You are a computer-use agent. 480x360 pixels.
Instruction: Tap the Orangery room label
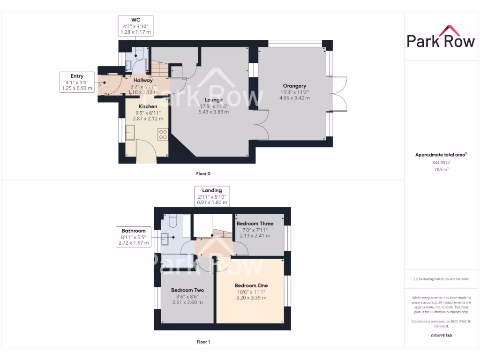point(294,86)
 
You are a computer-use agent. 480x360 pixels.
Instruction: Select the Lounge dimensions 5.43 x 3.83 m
point(213,112)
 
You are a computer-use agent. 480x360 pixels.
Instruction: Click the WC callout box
point(135,26)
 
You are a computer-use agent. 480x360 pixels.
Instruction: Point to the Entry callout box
point(77,82)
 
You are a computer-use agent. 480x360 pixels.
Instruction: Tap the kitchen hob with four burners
point(163,135)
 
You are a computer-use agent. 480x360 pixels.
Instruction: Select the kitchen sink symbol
point(130,134)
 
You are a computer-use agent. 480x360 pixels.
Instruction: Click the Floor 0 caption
point(203,174)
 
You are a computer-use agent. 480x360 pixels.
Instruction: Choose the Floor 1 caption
point(203,342)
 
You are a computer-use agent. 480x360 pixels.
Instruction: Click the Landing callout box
point(212,196)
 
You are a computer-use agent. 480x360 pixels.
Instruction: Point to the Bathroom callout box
point(134,237)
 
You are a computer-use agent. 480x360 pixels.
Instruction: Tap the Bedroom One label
point(251,285)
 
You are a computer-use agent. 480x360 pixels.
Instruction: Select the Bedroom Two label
point(187,290)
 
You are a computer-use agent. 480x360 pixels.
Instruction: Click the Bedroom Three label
point(255,224)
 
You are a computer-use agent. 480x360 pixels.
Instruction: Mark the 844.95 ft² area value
point(441,163)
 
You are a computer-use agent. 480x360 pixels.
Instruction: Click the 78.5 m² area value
point(441,169)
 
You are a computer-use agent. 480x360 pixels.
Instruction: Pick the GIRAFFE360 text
point(441,336)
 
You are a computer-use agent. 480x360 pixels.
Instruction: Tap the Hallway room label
point(143,80)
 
